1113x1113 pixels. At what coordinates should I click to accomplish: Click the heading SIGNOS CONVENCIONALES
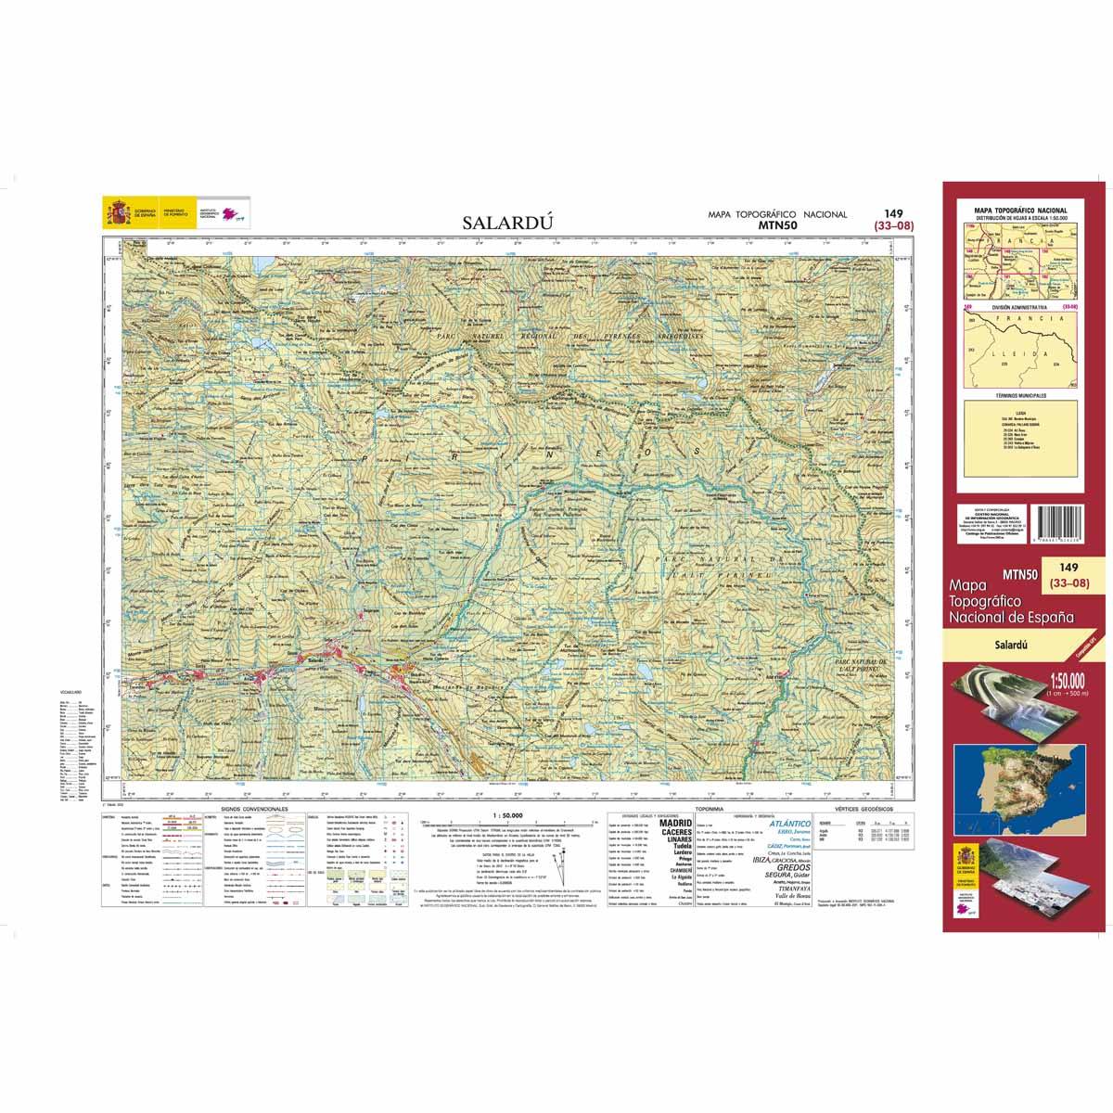(256, 809)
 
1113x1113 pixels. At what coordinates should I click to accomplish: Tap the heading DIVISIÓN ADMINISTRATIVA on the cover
(1018, 306)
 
